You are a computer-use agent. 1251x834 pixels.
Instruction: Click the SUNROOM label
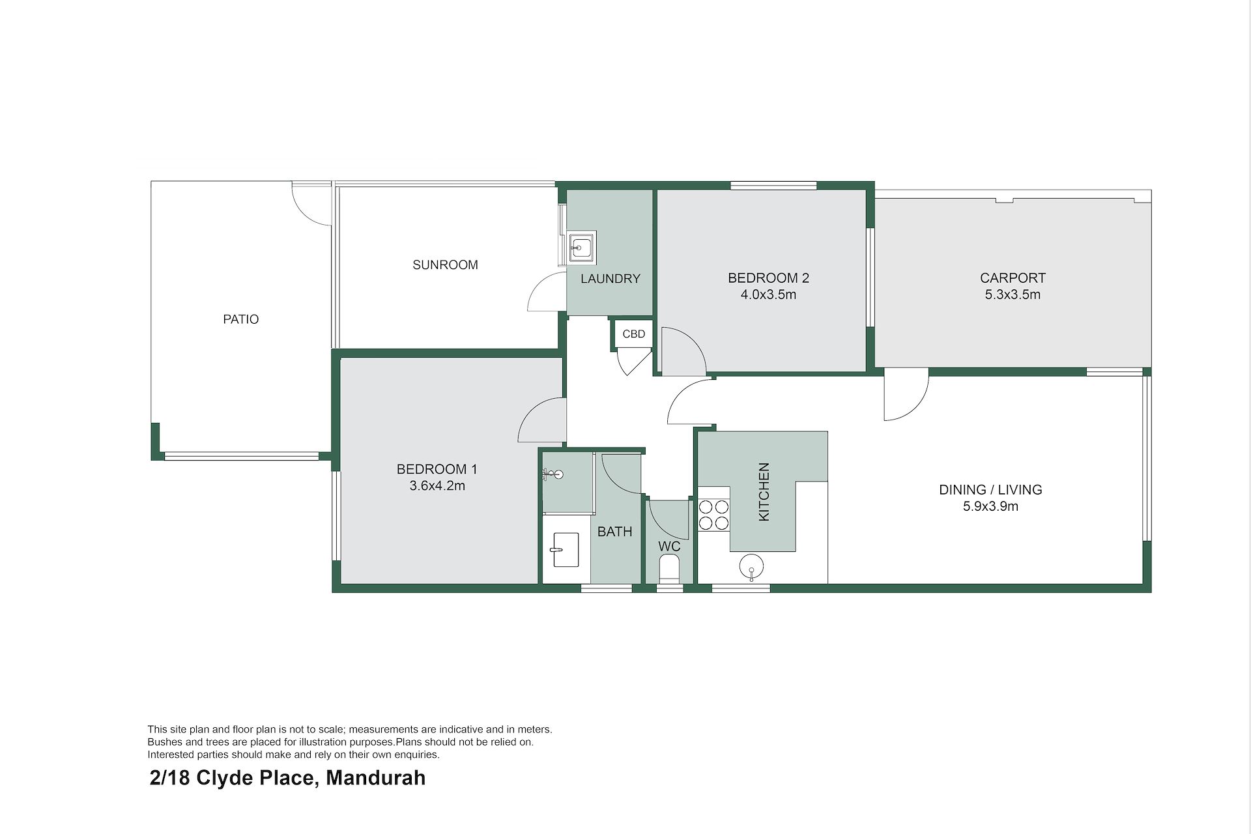point(445,265)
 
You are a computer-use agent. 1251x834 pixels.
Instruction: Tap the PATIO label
point(241,319)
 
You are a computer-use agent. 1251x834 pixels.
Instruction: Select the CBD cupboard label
point(633,334)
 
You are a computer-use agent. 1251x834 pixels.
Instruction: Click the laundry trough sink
point(580,248)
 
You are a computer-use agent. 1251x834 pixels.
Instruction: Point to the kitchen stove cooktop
point(713,515)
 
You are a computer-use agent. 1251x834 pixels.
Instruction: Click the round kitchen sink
point(752,566)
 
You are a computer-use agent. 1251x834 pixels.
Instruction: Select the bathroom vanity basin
point(565,550)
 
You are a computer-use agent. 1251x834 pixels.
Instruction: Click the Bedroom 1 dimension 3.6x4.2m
point(437,485)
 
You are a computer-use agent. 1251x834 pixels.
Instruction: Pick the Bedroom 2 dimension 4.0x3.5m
point(768,295)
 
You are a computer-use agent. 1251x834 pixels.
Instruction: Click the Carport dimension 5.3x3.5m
point(1013,295)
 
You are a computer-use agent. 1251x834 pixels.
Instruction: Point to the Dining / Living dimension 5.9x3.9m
point(990,506)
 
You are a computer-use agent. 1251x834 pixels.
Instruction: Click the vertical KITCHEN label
point(764,492)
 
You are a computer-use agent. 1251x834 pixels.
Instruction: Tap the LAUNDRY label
point(611,279)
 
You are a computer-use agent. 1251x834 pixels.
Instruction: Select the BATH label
point(615,532)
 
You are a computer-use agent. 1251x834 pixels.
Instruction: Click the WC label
point(669,546)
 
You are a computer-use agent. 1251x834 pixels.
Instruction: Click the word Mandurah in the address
point(375,778)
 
